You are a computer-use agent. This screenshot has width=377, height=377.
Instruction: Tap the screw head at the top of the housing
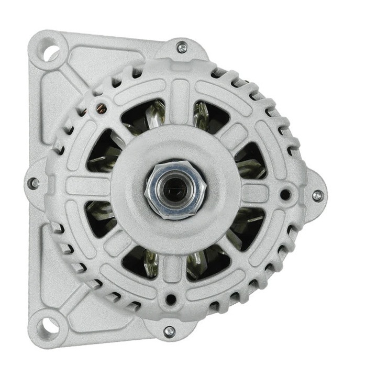(x=182, y=48)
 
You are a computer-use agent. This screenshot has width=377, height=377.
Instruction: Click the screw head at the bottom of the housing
(x=169, y=331)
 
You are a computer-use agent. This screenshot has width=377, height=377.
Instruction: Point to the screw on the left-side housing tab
(x=33, y=183)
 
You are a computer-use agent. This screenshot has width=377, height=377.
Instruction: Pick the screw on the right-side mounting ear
(x=317, y=195)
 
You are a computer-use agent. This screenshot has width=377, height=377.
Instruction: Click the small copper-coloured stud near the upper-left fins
(x=102, y=108)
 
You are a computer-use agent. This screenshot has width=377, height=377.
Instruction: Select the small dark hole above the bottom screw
(x=170, y=300)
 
